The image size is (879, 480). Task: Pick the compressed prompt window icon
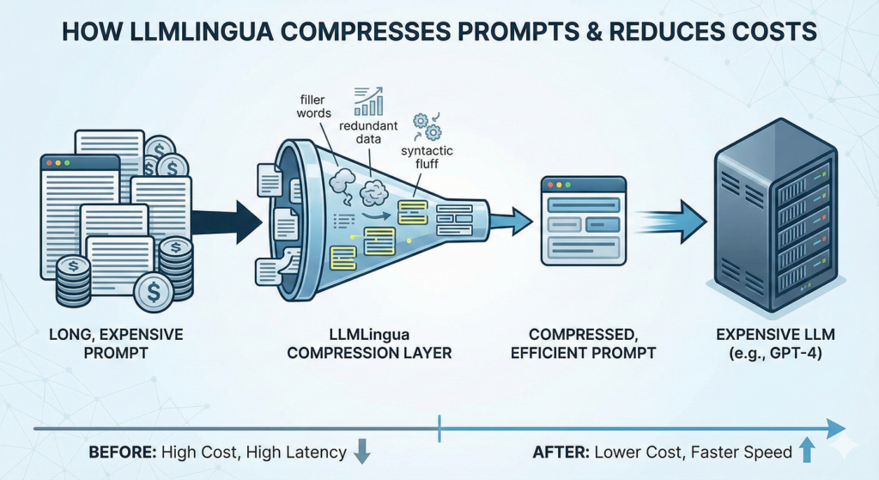pyautogui.click(x=581, y=221)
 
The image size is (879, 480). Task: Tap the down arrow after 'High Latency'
pyautogui.click(x=361, y=452)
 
